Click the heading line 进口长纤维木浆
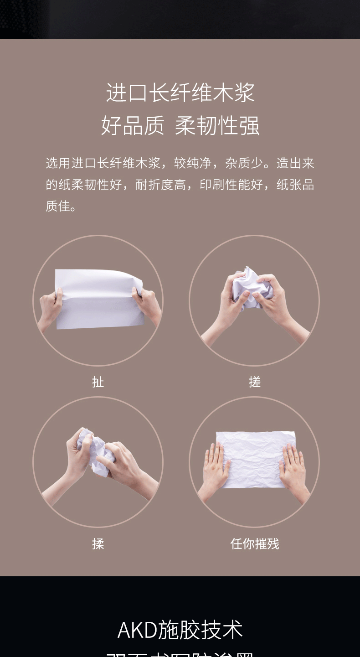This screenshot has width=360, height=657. tap(180, 93)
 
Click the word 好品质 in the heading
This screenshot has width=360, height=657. tap(132, 125)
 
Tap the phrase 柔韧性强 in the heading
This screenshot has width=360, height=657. tap(217, 125)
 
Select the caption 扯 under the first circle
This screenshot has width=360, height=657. tap(98, 382)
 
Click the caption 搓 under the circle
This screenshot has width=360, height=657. tap(254, 382)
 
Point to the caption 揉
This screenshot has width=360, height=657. tap(98, 543)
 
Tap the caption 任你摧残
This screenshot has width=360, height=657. tap(254, 543)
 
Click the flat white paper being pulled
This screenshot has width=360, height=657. tap(98, 299)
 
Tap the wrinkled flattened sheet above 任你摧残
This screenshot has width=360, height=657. tap(255, 458)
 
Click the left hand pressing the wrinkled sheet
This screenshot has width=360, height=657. tap(214, 470)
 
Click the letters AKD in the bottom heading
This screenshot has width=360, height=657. tap(137, 630)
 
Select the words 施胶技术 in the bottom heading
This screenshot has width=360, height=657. tap(201, 630)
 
